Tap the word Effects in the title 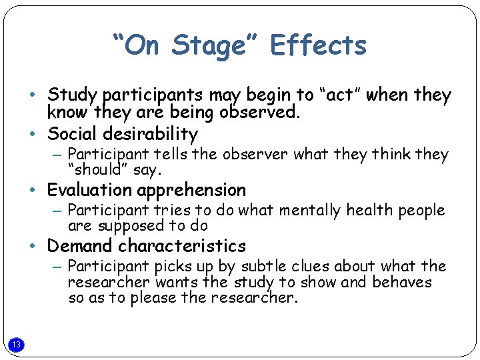point(319,45)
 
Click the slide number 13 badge point(17,344)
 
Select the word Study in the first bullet point(72,96)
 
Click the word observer point(255,154)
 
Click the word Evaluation point(91,190)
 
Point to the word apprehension point(193,191)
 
